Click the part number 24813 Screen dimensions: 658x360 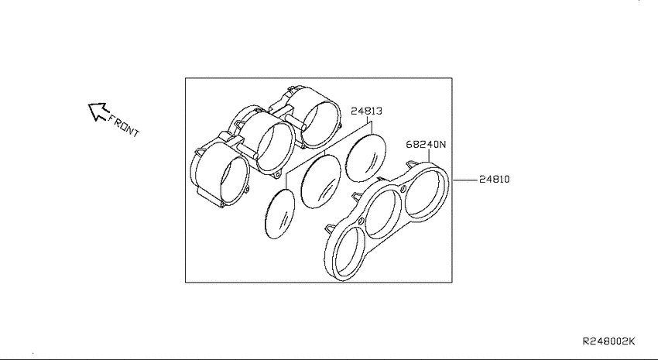pyautogui.click(x=366, y=111)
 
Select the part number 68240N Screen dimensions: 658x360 pyautogui.click(x=426, y=144)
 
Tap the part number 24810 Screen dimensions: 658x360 pyautogui.click(x=495, y=179)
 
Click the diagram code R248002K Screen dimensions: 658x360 pyautogui.click(x=609, y=341)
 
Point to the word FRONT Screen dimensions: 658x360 pyautogui.click(x=124, y=125)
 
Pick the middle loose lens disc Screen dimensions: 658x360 pyautogui.click(x=321, y=181)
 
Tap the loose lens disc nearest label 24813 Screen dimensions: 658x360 pyautogui.click(x=365, y=158)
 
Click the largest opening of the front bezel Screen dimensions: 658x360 pyautogui.click(x=425, y=192)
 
